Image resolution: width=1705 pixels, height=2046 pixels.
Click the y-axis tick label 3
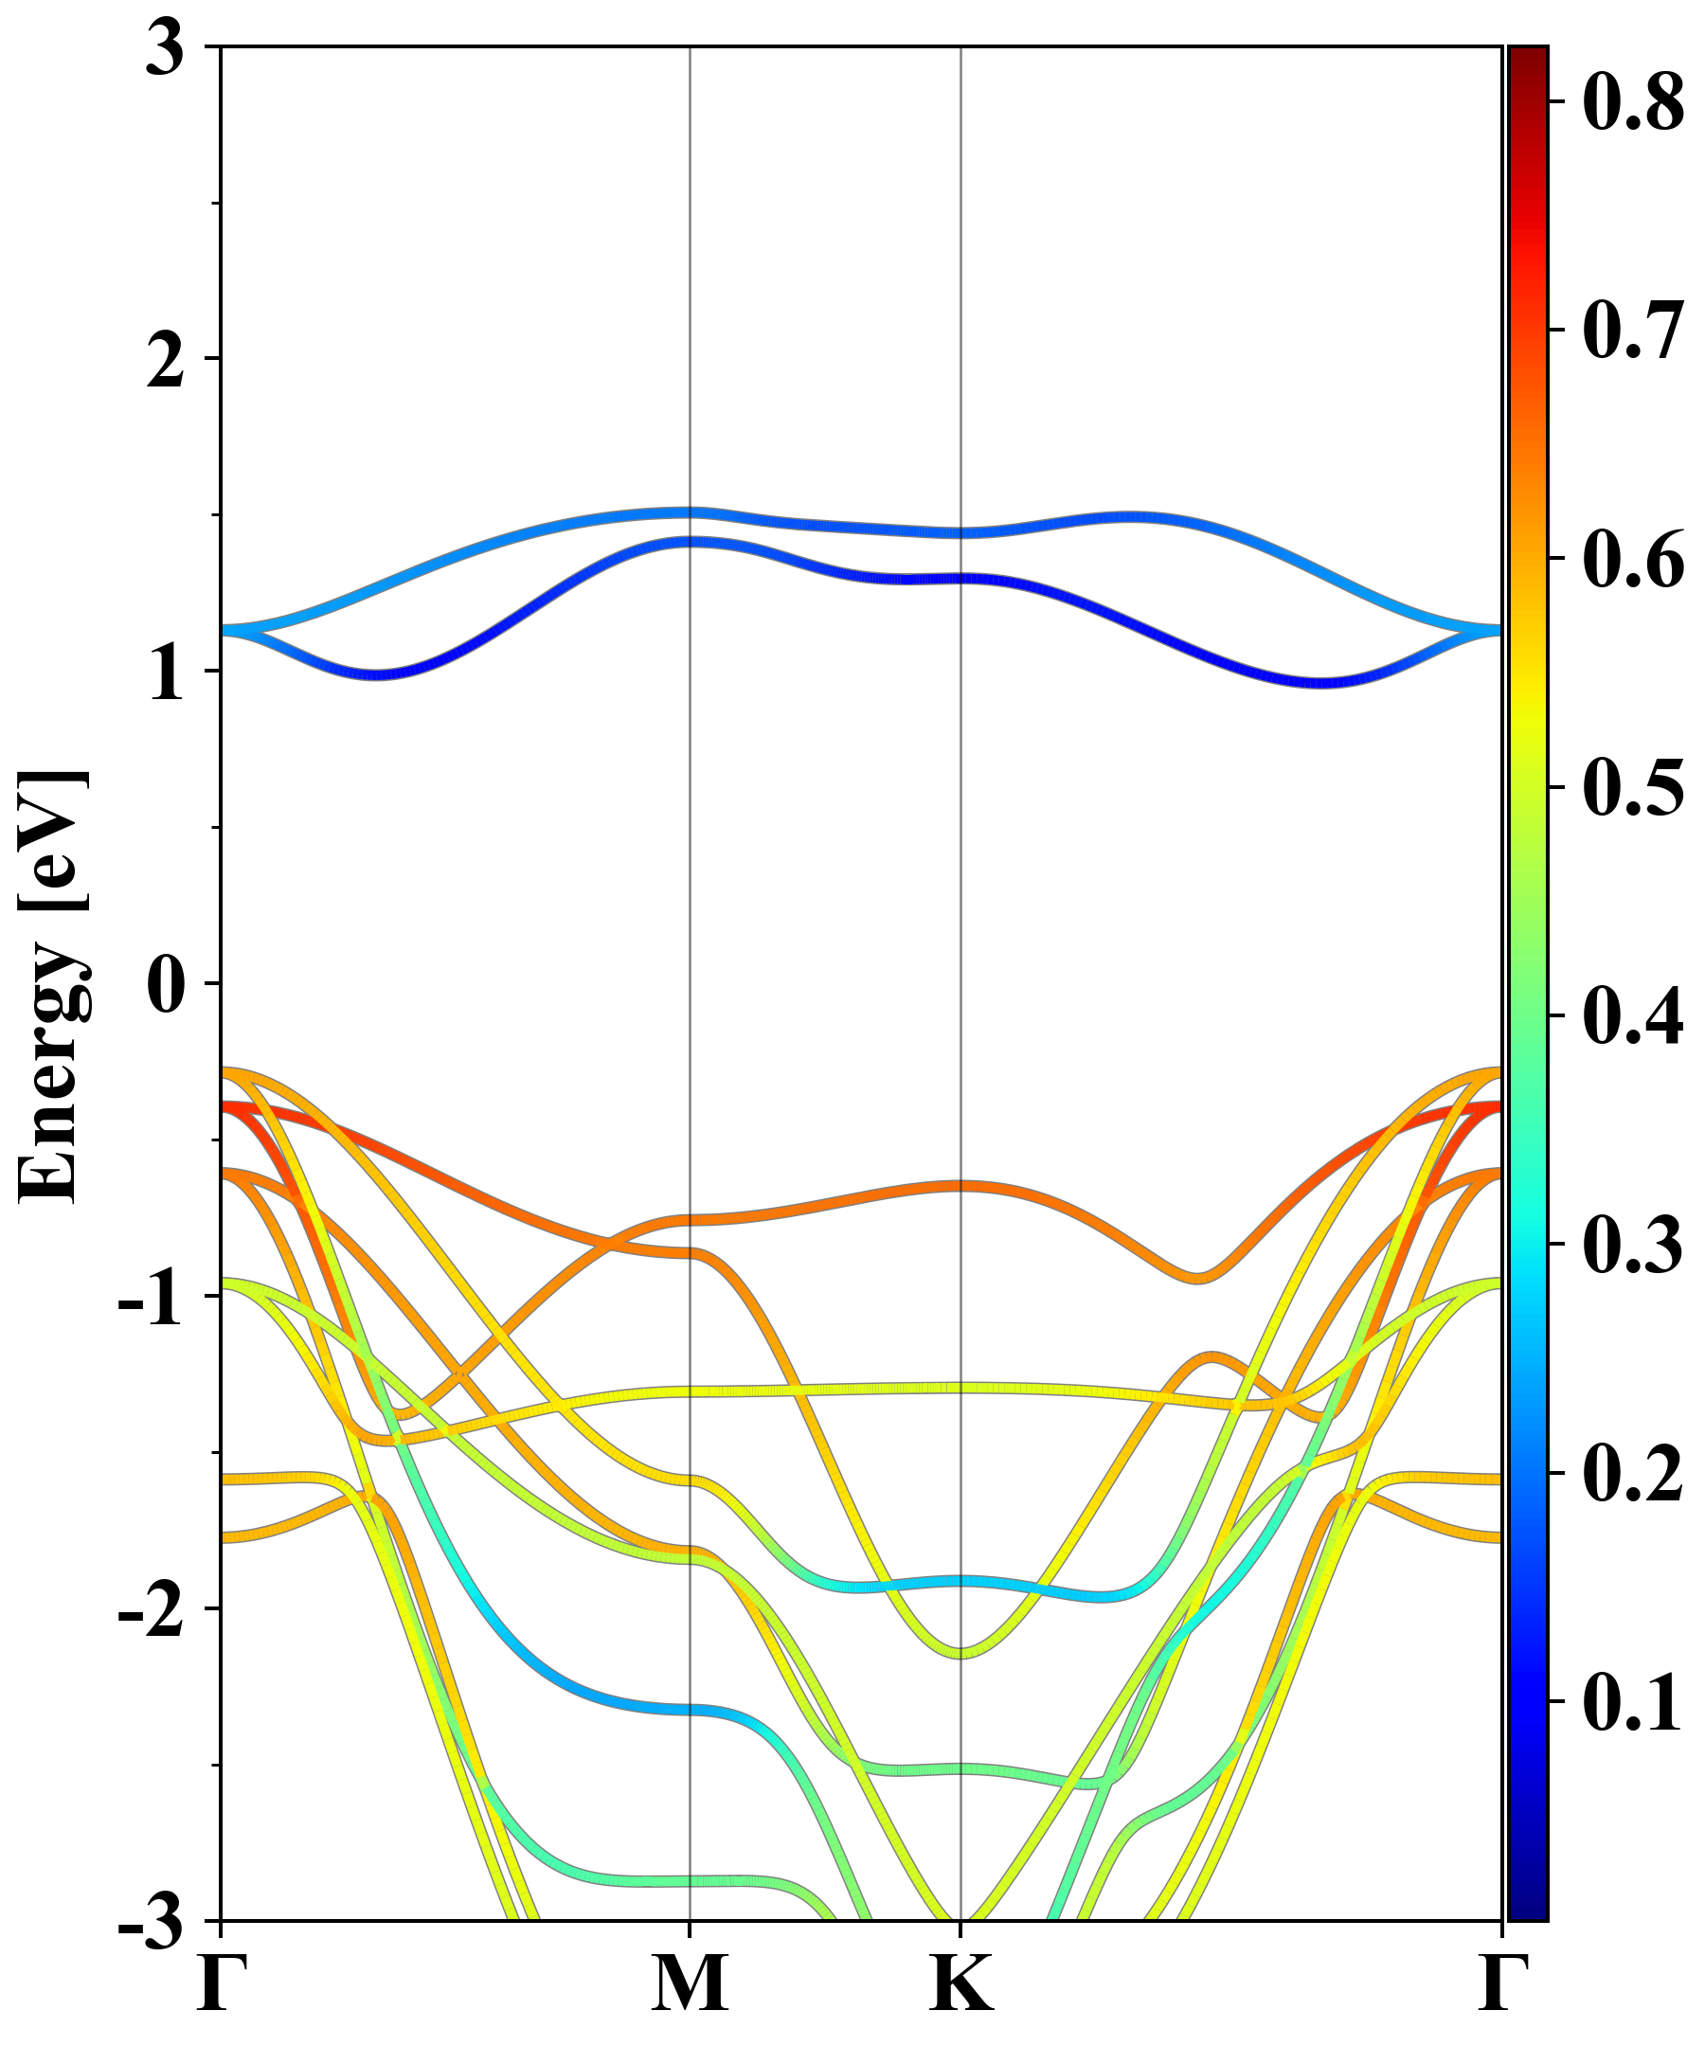[165, 48]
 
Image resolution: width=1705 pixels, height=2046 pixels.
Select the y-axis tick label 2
[165, 362]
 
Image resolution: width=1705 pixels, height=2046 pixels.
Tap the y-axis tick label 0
[165, 986]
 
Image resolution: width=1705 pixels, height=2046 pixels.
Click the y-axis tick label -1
[151, 1299]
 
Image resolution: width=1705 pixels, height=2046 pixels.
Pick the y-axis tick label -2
[151, 1611]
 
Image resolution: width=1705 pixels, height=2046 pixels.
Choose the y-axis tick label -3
[151, 1922]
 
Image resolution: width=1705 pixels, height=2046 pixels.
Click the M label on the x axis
[690, 1983]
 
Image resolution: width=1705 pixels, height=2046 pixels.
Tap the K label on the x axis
[961, 1983]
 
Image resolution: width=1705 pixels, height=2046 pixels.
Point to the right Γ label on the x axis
[1501, 1983]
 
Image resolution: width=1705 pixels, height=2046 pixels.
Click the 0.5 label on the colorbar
[1633, 787]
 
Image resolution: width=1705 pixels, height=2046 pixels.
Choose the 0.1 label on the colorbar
[1633, 1702]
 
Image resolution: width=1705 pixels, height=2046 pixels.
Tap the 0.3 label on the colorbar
[1633, 1246]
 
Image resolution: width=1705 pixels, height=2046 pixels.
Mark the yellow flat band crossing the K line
[961, 1388]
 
